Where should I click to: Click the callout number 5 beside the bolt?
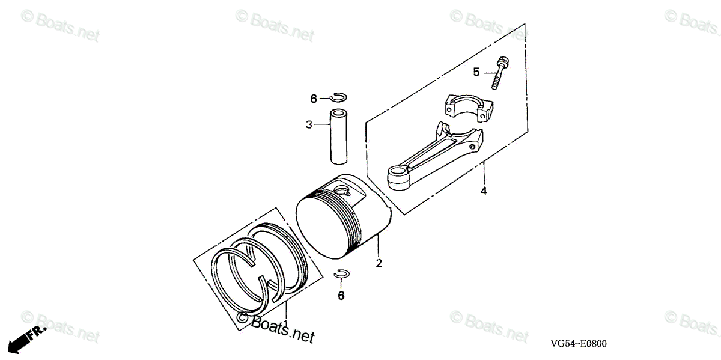[476, 73]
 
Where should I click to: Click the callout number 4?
[484, 191]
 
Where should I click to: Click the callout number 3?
[309, 125]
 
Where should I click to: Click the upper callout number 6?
[314, 99]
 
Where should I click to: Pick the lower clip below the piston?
[342, 275]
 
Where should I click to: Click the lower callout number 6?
[341, 296]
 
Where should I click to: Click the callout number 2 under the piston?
[379, 263]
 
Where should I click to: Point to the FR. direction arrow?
[23, 339]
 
